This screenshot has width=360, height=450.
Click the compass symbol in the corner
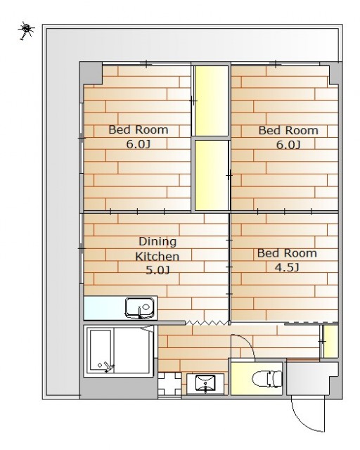(x=27, y=30)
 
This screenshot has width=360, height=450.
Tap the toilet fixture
(x=267, y=378)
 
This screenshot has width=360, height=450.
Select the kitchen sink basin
(x=141, y=308)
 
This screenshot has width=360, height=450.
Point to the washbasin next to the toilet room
(x=205, y=382)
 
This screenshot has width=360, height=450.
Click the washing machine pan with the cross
(x=169, y=384)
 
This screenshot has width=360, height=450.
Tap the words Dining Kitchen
(x=157, y=248)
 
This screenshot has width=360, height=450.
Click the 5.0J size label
(x=157, y=270)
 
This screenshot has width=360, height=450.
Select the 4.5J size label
(x=287, y=267)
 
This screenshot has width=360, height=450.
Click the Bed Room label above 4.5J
(x=287, y=253)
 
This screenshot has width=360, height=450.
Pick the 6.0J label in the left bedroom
(x=138, y=143)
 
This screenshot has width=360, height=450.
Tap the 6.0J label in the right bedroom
(x=288, y=145)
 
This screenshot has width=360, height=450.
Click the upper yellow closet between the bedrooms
(x=212, y=101)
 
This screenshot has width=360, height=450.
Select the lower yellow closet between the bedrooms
(x=212, y=175)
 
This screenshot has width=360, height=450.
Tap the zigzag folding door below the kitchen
(x=207, y=323)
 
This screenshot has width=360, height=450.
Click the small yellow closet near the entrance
(x=331, y=342)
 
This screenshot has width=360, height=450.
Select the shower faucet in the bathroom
(x=108, y=367)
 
